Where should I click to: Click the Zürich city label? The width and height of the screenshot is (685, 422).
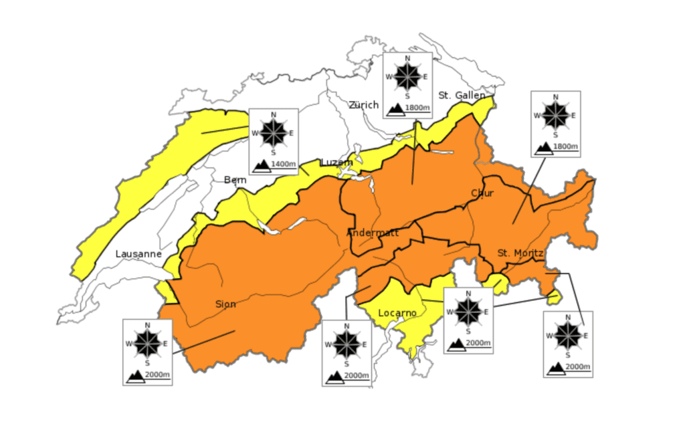[x=363, y=105]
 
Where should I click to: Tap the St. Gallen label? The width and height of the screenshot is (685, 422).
[x=462, y=96]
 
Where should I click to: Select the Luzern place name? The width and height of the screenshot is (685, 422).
[x=336, y=163]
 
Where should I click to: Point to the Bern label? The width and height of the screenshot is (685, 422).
[x=235, y=180]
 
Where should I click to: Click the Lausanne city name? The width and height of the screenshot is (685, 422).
[x=138, y=254]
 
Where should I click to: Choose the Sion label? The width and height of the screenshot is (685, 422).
[x=225, y=304]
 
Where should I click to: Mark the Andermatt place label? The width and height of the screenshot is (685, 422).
[x=373, y=233]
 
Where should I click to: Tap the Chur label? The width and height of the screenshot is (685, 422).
[x=482, y=193]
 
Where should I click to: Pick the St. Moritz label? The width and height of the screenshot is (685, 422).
[x=520, y=253]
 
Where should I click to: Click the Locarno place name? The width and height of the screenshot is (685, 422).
[x=397, y=313]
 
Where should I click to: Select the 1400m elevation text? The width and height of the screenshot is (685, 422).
[x=284, y=165]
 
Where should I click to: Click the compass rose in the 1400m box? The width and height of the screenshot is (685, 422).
[x=273, y=132]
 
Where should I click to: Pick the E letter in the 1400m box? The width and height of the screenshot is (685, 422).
[x=291, y=132]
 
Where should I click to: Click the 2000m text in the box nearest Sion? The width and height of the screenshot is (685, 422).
[x=158, y=376]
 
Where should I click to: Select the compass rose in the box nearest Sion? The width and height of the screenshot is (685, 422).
[x=147, y=344]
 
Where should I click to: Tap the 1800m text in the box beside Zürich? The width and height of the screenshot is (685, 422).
[x=418, y=108]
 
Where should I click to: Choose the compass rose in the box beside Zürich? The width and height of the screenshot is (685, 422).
[x=407, y=76]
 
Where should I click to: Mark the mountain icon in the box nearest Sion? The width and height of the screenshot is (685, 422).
[x=135, y=376]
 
